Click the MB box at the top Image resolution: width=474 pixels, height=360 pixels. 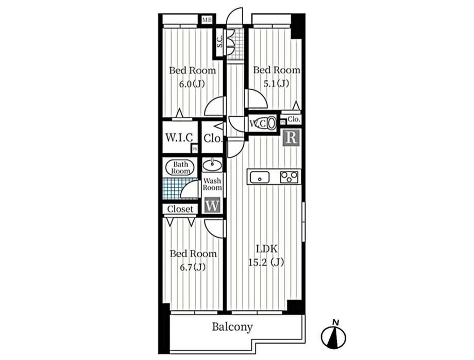pyautogui.click(x=207, y=20)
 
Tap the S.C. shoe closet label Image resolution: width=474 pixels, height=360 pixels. pyautogui.click(x=220, y=42)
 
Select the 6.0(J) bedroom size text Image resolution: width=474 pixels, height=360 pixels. pyautogui.click(x=192, y=84)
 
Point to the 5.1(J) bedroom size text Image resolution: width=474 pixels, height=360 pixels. pyautogui.click(x=276, y=83)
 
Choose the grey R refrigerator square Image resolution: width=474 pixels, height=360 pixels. pyautogui.click(x=291, y=138)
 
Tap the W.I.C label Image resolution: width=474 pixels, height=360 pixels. pyautogui.click(x=179, y=138)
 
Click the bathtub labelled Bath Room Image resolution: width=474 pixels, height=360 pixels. pyautogui.click(x=180, y=168)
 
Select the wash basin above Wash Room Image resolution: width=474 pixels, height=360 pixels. pyautogui.click(x=212, y=165)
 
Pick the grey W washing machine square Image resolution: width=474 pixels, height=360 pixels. pyautogui.click(x=212, y=206)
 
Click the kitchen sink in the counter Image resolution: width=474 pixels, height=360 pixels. pyautogui.click(x=259, y=177)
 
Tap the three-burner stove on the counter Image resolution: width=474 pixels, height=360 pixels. pyautogui.click(x=290, y=177)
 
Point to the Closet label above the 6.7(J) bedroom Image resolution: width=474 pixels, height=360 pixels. pyautogui.click(x=180, y=209)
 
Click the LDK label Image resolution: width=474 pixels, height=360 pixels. pyautogui.click(x=266, y=249)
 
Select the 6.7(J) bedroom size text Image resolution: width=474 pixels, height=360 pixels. pyautogui.click(x=193, y=267)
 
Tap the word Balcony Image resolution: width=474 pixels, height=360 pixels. pyautogui.click(x=232, y=327)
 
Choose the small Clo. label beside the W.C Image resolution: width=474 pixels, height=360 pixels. pyautogui.click(x=294, y=119)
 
